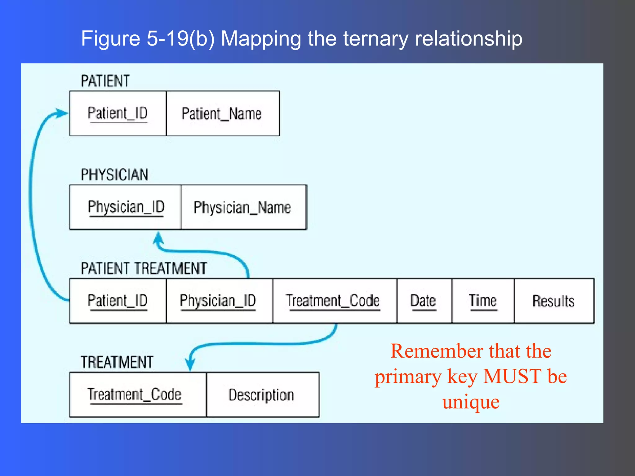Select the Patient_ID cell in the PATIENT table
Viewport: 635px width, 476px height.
tap(118, 114)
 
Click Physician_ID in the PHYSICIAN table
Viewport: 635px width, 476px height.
tap(126, 208)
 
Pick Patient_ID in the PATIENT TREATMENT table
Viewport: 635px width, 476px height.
tap(118, 301)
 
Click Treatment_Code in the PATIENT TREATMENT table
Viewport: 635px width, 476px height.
tap(333, 301)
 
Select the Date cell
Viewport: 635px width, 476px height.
tap(424, 301)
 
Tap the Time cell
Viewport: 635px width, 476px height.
tap(483, 301)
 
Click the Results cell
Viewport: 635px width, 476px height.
tap(553, 301)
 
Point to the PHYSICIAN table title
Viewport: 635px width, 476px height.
tap(115, 175)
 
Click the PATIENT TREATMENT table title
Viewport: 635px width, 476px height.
tap(144, 268)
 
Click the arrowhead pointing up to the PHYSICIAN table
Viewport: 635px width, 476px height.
tap(158, 239)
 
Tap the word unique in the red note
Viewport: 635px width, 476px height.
tap(471, 402)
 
